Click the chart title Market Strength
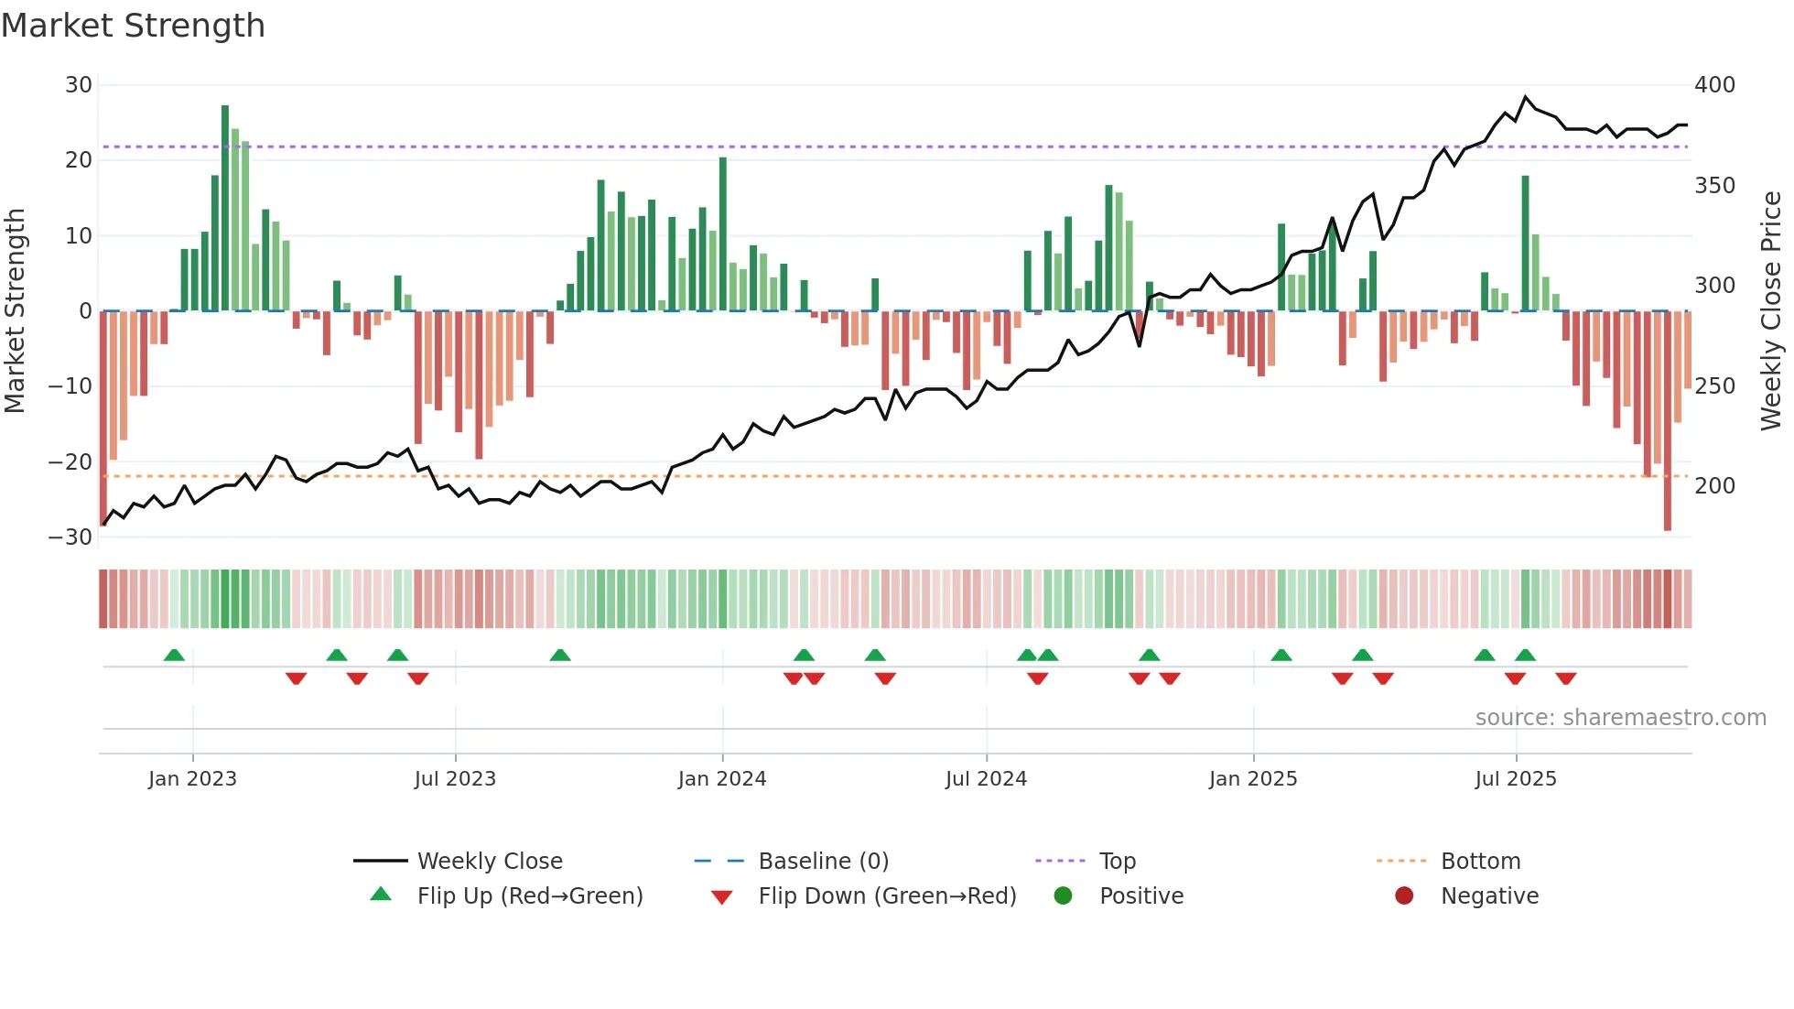[133, 26]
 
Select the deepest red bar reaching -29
[1668, 421]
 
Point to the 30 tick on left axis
[79, 85]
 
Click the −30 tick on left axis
[70, 537]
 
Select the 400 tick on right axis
[1714, 85]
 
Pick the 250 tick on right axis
[1714, 386]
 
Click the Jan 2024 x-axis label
[722, 779]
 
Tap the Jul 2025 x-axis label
[1516, 779]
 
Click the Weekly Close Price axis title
[1771, 311]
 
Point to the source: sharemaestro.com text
[1620, 718]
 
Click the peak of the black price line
[1526, 97]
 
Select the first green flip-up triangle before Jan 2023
[174, 655]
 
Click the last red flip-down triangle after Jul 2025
[1566, 678]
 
